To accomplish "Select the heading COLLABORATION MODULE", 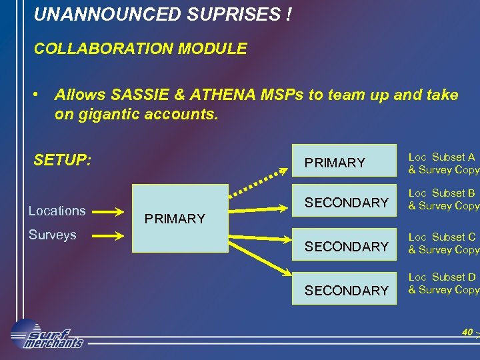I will (x=140, y=49).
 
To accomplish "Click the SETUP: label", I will (x=62, y=161).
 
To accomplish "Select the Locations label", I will (x=57, y=211).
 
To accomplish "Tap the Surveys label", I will (x=52, y=235).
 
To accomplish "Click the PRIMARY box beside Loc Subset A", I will (x=344, y=161).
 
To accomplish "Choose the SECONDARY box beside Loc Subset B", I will (x=344, y=202).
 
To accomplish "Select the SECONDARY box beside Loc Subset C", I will (x=344, y=246).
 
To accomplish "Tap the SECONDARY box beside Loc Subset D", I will (x=344, y=290).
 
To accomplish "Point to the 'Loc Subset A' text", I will (x=441, y=157).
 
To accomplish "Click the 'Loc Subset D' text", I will (x=441, y=277).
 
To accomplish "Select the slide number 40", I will (x=467, y=332).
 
